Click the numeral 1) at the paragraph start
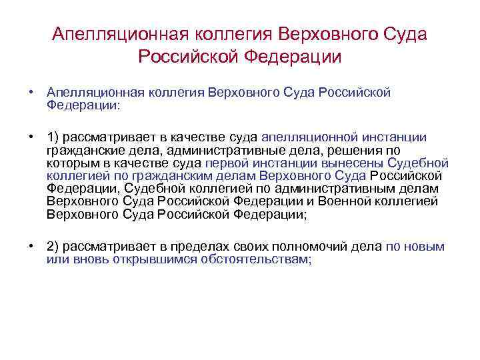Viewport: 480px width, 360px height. tap(54, 137)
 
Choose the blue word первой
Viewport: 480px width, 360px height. tap(225, 163)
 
